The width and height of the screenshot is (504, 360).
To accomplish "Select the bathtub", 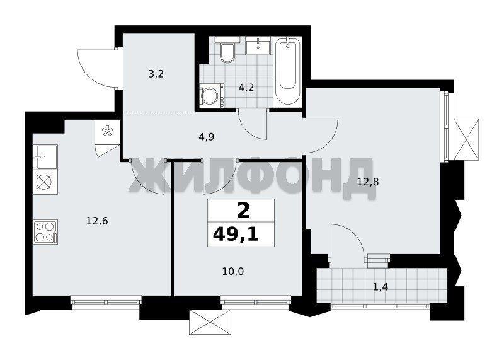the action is pos(287,71).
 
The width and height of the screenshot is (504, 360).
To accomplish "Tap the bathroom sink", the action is pos(258,45).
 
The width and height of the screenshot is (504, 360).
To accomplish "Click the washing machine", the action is pos(211,95).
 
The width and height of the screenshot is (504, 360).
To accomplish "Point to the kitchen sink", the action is pos(45,157).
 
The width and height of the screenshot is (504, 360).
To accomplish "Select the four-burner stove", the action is pos(45,231).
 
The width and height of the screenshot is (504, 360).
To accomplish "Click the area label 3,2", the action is pos(156,74).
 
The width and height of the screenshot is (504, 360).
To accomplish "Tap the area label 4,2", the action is pos(246,88).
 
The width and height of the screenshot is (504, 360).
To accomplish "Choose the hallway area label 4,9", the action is pos(207,137).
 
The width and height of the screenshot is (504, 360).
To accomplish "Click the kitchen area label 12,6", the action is pos(97,221).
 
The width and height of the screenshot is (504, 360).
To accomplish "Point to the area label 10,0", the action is pos(233,272).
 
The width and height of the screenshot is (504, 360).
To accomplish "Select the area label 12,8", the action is pos(368,182).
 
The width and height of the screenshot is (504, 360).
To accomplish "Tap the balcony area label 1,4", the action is pos(381,287).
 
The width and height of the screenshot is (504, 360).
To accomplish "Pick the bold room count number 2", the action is pos(243,211).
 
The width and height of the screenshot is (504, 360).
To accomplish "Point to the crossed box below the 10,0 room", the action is pos(210,322).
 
